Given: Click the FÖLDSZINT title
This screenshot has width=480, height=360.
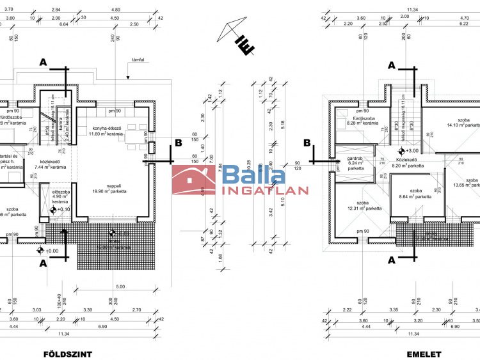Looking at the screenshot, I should point(67,354).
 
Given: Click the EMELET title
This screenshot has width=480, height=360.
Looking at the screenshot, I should point(424,354).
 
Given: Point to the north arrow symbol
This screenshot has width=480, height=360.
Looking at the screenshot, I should point(236,36).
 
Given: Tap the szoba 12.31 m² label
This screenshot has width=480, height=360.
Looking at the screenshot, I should point(365,205).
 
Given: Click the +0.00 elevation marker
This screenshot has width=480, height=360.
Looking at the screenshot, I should point(48,251).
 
